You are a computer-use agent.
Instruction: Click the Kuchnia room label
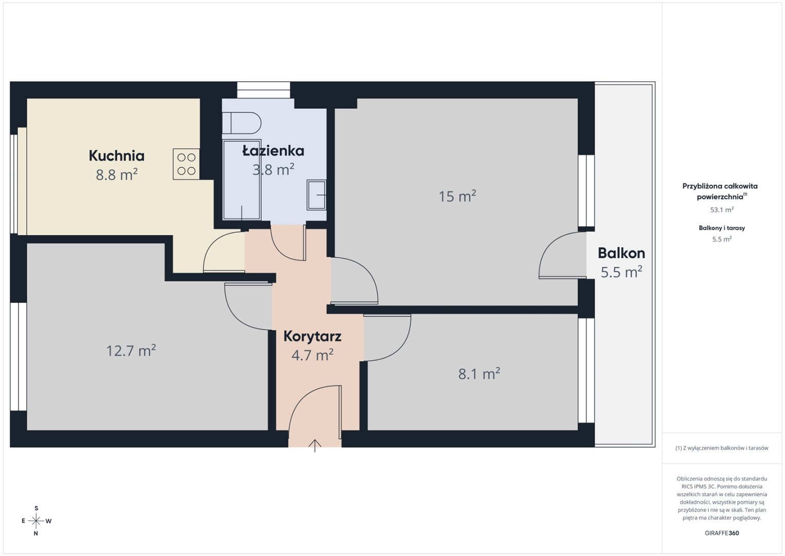tap(116, 156)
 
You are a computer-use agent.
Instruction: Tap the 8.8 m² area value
tap(116, 175)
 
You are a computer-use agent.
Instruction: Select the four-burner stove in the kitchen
tap(186, 164)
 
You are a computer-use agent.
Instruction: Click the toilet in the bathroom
tap(242, 123)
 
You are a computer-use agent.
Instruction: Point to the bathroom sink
tap(316, 195)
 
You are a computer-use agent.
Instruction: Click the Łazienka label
tap(273, 151)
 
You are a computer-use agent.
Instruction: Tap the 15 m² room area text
tap(457, 196)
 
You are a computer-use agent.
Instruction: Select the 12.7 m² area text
tap(131, 351)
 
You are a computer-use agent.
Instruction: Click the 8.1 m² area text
tap(479, 374)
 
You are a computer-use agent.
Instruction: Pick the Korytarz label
tap(312, 336)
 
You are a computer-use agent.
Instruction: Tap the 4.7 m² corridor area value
tap(312, 355)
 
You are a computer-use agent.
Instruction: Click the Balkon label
tap(621, 253)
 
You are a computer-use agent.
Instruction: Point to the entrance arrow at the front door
tap(315, 445)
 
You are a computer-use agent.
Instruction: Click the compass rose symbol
tap(36, 521)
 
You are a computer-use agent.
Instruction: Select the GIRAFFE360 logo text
tap(722, 533)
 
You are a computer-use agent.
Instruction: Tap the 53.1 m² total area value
tap(722, 210)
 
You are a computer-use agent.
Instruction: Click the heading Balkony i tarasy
tap(722, 228)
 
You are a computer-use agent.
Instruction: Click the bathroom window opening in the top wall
tap(263, 90)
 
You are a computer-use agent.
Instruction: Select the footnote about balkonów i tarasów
tap(722, 448)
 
